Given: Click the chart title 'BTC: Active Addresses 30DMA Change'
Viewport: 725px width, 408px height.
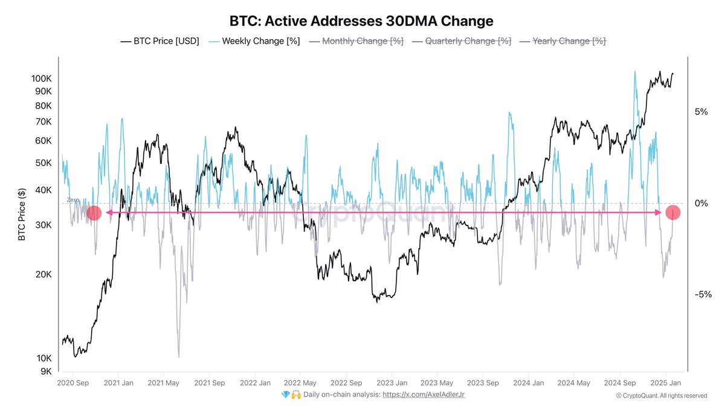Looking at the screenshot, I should [361, 21].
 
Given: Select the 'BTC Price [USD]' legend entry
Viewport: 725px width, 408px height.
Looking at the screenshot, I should [159, 41].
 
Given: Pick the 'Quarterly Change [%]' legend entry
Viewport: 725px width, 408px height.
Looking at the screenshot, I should [461, 41].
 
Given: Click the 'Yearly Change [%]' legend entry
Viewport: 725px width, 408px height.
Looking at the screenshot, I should [562, 41].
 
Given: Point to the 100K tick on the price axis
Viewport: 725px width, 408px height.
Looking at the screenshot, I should [41, 79].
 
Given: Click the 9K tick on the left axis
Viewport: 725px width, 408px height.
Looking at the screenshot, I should [46, 371].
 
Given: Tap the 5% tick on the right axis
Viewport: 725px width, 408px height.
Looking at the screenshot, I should [700, 112].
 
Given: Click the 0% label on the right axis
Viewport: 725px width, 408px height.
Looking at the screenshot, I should [700, 203].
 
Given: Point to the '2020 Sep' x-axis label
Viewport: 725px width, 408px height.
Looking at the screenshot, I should [73, 383].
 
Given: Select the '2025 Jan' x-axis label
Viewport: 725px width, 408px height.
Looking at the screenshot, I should [666, 383].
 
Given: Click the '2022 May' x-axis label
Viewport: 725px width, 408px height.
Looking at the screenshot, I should [300, 383].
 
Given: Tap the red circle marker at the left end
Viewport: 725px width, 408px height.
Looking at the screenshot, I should [94, 213].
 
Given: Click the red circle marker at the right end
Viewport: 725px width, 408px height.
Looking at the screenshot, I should [673, 213].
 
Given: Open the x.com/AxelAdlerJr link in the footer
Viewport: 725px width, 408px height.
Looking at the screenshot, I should [424, 394].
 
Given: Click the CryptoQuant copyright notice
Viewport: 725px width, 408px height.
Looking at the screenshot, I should [661, 395].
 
